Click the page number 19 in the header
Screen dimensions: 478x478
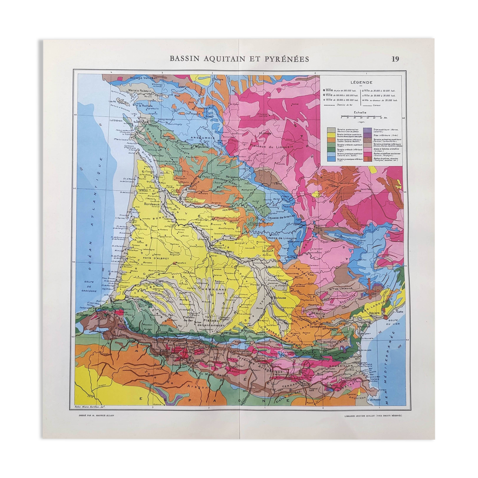coord(395,59)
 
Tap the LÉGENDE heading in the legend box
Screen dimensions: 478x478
coord(361,81)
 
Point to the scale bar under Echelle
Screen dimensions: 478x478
coord(360,118)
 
